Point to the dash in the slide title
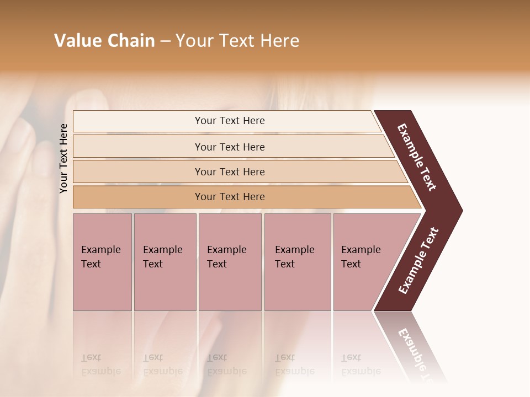point(165,41)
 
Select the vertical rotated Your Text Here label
point(63,158)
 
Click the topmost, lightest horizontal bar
point(230,121)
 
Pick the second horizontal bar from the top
point(230,147)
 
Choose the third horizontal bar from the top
point(230,172)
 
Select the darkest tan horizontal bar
point(230,197)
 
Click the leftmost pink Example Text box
point(102,262)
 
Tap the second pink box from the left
point(165,262)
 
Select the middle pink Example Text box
point(230,262)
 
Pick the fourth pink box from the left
point(297,262)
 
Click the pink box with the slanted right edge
point(364,262)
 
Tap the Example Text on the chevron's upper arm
point(417,157)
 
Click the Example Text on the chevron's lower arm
point(418,260)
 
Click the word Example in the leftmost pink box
point(100,250)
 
